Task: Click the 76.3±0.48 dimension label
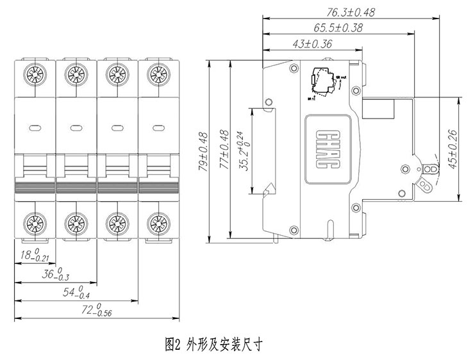pyautogui.click(x=351, y=12)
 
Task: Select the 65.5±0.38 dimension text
pyautogui.click(x=338, y=28)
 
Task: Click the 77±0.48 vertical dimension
pyautogui.click(x=224, y=152)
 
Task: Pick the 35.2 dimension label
pyautogui.click(x=244, y=154)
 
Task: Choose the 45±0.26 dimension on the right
pyautogui.click(x=452, y=149)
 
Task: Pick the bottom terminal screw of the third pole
pyautogui.click(x=115, y=224)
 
